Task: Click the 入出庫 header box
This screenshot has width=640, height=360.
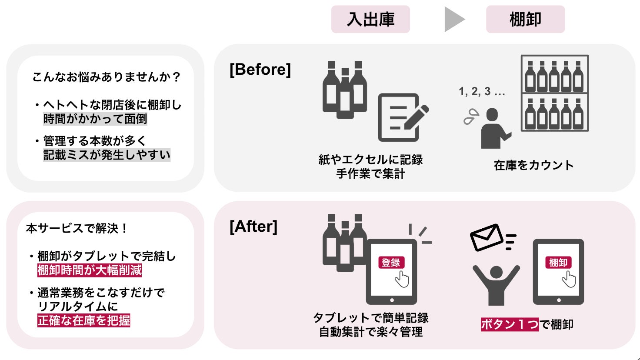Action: (370, 20)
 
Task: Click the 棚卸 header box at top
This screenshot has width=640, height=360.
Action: (525, 20)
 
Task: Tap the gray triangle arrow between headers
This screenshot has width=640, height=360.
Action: (453, 20)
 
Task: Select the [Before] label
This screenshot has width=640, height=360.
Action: (260, 70)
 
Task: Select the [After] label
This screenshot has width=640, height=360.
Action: (253, 227)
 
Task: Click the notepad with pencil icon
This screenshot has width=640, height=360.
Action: (401, 117)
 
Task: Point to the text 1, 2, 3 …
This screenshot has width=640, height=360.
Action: (482, 92)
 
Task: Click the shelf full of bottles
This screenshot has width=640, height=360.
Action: (554, 93)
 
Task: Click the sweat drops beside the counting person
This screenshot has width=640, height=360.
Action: (471, 117)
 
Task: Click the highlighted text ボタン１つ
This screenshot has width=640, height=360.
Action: (509, 324)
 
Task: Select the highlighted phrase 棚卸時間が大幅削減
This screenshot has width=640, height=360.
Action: (90, 270)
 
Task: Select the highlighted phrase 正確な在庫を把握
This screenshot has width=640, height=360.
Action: (84, 320)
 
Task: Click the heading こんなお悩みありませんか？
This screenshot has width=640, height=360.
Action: (107, 77)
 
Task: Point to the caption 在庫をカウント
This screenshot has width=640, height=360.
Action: (533, 166)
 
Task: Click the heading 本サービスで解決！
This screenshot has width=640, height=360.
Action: (77, 228)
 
